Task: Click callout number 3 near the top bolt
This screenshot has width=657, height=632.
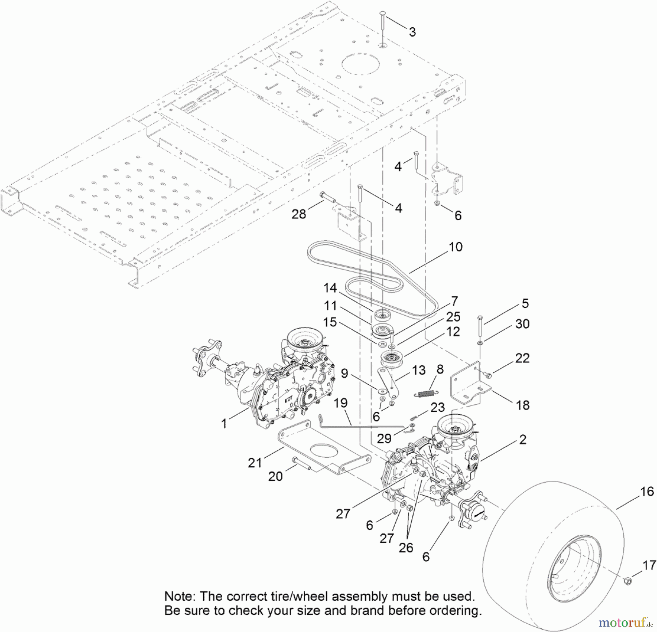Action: click(412, 32)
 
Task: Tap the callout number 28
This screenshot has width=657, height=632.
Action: click(299, 214)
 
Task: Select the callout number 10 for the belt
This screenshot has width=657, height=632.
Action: click(456, 247)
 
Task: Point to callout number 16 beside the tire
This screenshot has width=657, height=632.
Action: click(647, 491)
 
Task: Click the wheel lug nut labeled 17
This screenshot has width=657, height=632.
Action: click(628, 580)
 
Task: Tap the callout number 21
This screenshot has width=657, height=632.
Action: click(255, 463)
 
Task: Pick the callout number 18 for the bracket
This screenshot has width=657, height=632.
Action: click(523, 405)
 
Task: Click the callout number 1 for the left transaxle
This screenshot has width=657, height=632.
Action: click(224, 423)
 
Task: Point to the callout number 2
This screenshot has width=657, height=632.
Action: click(523, 439)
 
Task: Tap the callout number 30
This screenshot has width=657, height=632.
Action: click(522, 323)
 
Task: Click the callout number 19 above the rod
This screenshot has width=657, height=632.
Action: click(340, 403)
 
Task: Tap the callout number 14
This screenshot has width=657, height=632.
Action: click(330, 288)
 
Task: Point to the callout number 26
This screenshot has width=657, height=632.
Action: click(406, 547)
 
